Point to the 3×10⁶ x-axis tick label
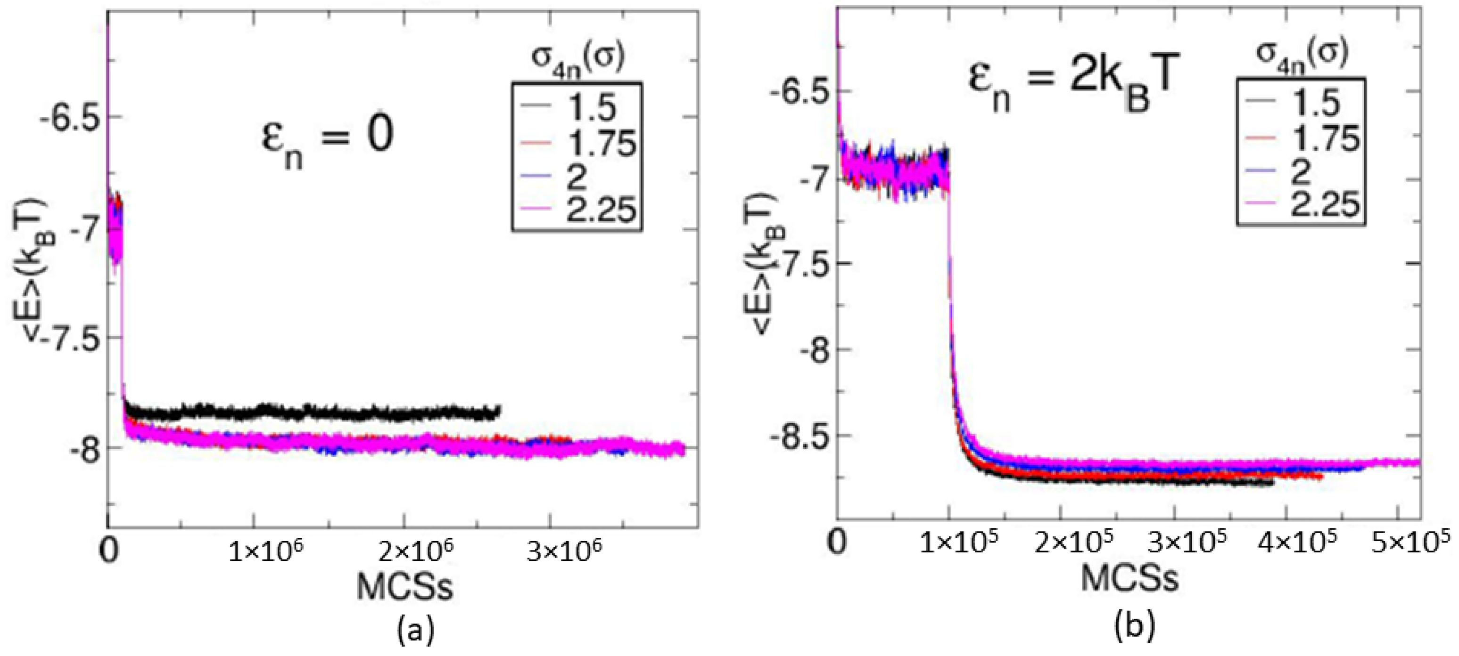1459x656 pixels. pyautogui.click(x=564, y=551)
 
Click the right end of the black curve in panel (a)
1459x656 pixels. pyautogui.click(x=498, y=410)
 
